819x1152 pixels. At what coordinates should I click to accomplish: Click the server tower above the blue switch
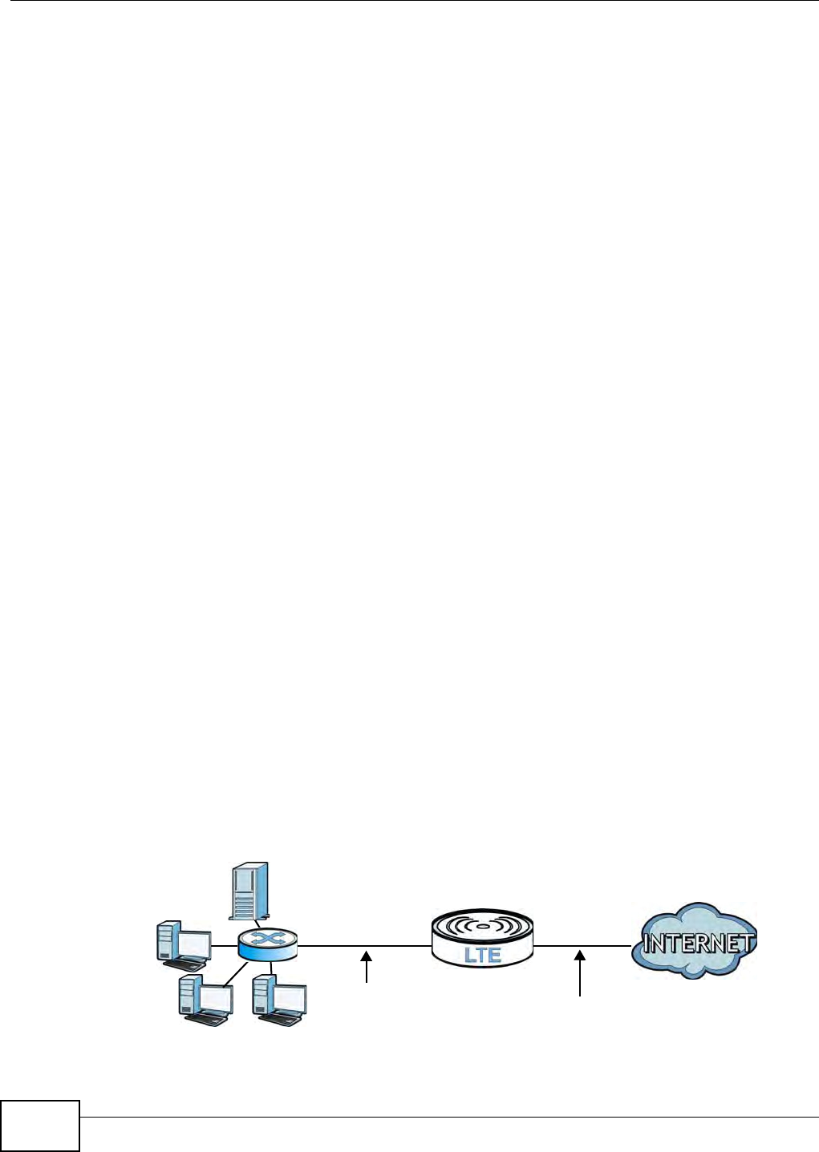pos(249,891)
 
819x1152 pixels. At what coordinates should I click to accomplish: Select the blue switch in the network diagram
pos(267,946)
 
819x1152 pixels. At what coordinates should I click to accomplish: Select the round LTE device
pos(482,936)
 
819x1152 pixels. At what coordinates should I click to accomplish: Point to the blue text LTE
pos(483,954)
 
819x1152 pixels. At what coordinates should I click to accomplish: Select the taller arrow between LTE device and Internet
pos(580,973)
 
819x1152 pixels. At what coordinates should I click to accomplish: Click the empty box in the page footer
pos(40,1126)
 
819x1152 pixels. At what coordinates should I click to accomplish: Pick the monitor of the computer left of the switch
pos(193,944)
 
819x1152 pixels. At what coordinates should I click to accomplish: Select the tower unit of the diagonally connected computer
pos(189,997)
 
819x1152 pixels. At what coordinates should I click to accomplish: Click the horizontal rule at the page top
pos(409,2)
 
